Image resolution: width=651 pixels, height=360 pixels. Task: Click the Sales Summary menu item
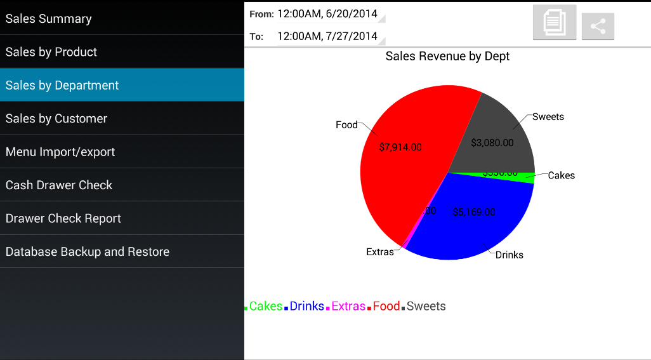click(49, 19)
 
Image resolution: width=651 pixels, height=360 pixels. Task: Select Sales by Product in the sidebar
click(51, 52)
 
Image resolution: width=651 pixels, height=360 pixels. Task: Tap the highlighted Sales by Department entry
click(62, 85)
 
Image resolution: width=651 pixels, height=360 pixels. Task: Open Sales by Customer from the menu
click(56, 119)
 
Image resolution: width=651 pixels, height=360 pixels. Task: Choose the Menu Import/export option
click(60, 152)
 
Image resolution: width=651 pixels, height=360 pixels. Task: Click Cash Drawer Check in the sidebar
click(59, 185)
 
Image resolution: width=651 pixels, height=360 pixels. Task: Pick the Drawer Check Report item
click(63, 218)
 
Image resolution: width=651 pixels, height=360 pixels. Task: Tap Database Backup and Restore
click(88, 252)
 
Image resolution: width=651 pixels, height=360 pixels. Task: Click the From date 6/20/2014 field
click(327, 13)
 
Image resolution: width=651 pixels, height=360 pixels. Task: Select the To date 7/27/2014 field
click(327, 36)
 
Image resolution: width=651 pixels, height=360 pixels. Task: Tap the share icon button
click(598, 26)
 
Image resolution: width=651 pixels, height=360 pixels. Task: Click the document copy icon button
click(555, 23)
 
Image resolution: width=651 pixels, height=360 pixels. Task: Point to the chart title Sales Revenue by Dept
click(447, 57)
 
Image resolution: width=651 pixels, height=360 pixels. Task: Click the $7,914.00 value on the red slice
click(400, 147)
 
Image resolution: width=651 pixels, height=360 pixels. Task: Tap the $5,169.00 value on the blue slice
click(474, 212)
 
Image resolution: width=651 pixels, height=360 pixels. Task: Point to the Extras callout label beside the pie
click(380, 252)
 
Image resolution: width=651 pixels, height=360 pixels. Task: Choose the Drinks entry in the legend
click(306, 306)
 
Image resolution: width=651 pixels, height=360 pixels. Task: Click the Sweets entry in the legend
click(426, 306)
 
